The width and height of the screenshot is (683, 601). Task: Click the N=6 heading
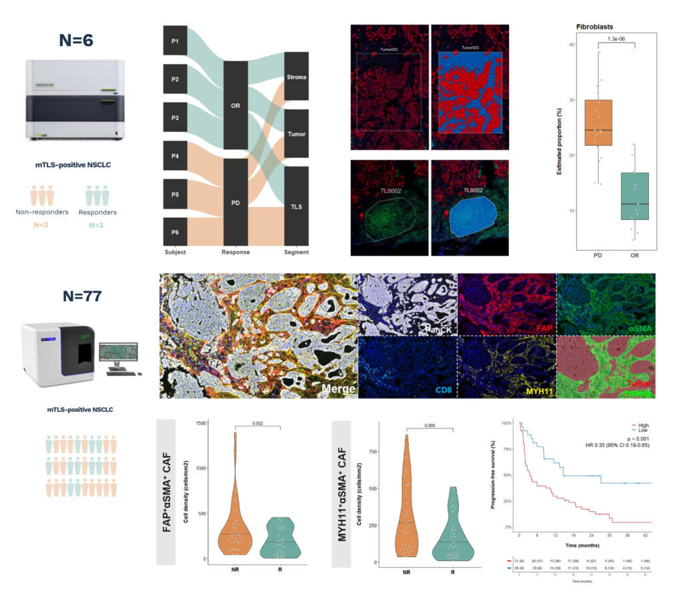pos(75,39)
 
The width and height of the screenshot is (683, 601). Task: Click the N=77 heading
pos(75,295)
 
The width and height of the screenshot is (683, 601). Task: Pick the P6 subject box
pos(175,231)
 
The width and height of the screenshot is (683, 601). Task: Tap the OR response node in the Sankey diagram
pos(235,105)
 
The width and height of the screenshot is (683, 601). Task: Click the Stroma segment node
pos(296,77)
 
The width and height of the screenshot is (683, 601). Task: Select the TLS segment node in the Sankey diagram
pos(296,207)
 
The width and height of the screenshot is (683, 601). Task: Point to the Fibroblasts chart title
pos(596,27)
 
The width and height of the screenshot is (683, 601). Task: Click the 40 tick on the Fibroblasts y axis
pos(571,45)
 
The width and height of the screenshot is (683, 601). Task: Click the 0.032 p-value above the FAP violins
pos(258,422)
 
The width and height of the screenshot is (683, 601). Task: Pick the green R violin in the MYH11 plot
pos(454,526)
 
